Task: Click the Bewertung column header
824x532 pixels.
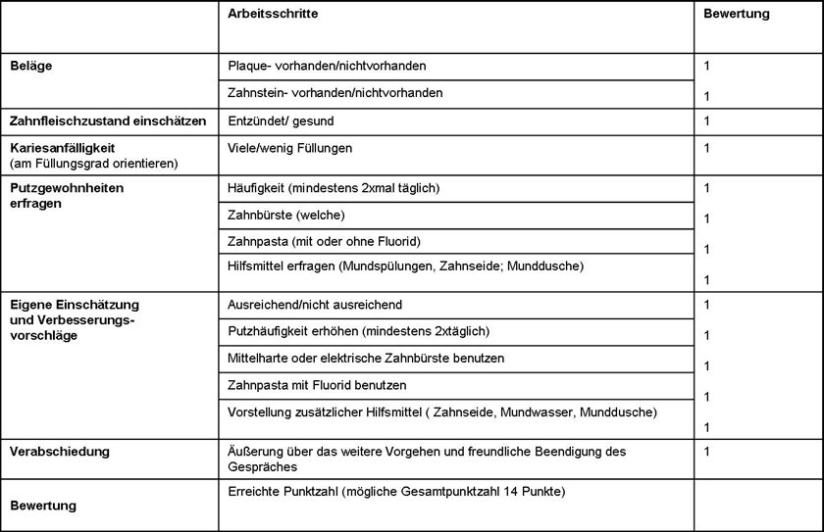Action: click(737, 15)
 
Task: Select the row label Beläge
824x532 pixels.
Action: click(30, 66)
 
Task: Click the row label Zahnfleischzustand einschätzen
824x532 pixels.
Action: click(107, 121)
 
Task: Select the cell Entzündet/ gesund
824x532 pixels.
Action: click(280, 121)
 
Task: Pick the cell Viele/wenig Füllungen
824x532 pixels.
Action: click(289, 148)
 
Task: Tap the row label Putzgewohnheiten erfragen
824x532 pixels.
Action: click(67, 196)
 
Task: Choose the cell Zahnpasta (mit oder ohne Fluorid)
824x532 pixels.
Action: click(323, 241)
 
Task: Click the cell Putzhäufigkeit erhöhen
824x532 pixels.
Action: click(358, 331)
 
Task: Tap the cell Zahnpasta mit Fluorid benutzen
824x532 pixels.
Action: click(316, 385)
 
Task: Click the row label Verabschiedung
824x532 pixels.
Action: click(59, 452)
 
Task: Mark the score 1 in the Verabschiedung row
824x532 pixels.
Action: click(707, 452)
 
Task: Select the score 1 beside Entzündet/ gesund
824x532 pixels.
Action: click(707, 121)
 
